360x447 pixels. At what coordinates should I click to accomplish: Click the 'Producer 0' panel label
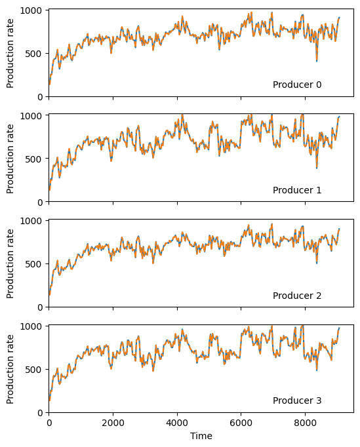point(297,85)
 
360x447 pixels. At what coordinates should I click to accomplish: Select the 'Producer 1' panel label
point(297,190)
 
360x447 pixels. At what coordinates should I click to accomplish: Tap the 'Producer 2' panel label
point(297,296)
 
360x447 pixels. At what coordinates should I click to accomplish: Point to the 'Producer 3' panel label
point(297,400)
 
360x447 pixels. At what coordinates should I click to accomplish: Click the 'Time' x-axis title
point(201,436)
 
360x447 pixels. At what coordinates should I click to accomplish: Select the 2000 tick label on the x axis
point(113,423)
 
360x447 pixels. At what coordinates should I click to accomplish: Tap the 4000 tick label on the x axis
point(177,423)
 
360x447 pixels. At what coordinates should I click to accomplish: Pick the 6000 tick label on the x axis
point(241,423)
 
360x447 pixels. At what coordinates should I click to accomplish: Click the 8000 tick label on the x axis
point(305,423)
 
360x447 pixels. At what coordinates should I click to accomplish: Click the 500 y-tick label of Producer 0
point(33,54)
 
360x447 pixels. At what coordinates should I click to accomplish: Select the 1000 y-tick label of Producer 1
point(31,115)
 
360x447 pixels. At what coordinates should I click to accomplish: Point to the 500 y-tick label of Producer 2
point(33,264)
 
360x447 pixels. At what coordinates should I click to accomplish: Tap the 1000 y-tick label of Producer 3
point(31,326)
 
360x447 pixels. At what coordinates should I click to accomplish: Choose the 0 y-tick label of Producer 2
point(40,307)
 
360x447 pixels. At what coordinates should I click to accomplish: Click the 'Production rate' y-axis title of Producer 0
point(10,54)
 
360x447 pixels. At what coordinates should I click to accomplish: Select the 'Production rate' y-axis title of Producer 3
point(10,370)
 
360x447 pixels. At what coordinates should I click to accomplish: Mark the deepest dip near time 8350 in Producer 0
point(317,61)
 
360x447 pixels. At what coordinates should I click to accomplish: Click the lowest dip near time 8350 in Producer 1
point(317,168)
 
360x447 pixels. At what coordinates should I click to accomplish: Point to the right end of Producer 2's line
point(339,229)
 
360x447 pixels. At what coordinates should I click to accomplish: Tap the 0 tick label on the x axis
point(49,423)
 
